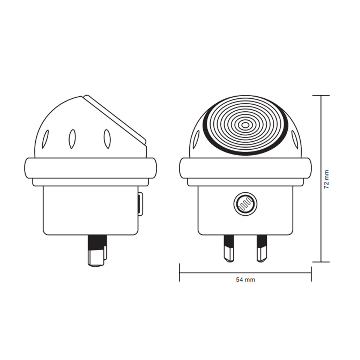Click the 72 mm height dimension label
(327, 179)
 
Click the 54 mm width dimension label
(245, 280)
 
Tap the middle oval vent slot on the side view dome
(72, 139)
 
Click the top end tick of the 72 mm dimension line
(321, 95)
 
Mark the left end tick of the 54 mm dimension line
(179, 272)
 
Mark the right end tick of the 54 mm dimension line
(311, 272)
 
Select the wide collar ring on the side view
(90, 168)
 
